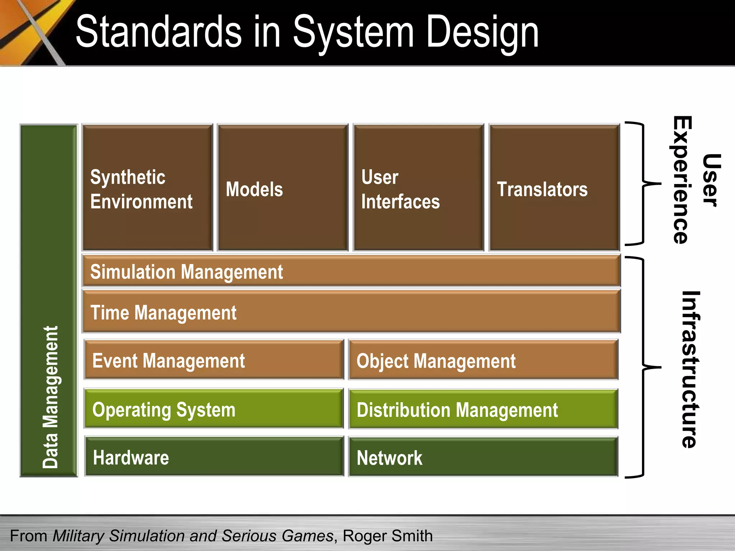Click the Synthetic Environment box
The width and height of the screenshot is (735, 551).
pos(147,188)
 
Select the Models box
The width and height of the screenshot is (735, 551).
pos(283,188)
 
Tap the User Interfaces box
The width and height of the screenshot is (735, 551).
pos(418,188)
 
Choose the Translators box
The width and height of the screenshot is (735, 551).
pos(554,188)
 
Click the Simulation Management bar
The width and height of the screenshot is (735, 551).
pos(351,271)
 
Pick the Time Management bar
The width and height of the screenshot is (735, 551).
pos(351,312)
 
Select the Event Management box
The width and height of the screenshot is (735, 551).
pos(214,360)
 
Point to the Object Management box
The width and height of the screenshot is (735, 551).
pos(483,360)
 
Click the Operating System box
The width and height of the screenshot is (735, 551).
pos(214,409)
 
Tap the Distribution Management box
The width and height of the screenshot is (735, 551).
pos(483,409)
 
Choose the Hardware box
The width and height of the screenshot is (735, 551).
pos(214,457)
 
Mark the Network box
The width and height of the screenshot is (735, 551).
pos(483,457)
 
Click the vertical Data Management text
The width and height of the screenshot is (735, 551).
pos(50,396)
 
